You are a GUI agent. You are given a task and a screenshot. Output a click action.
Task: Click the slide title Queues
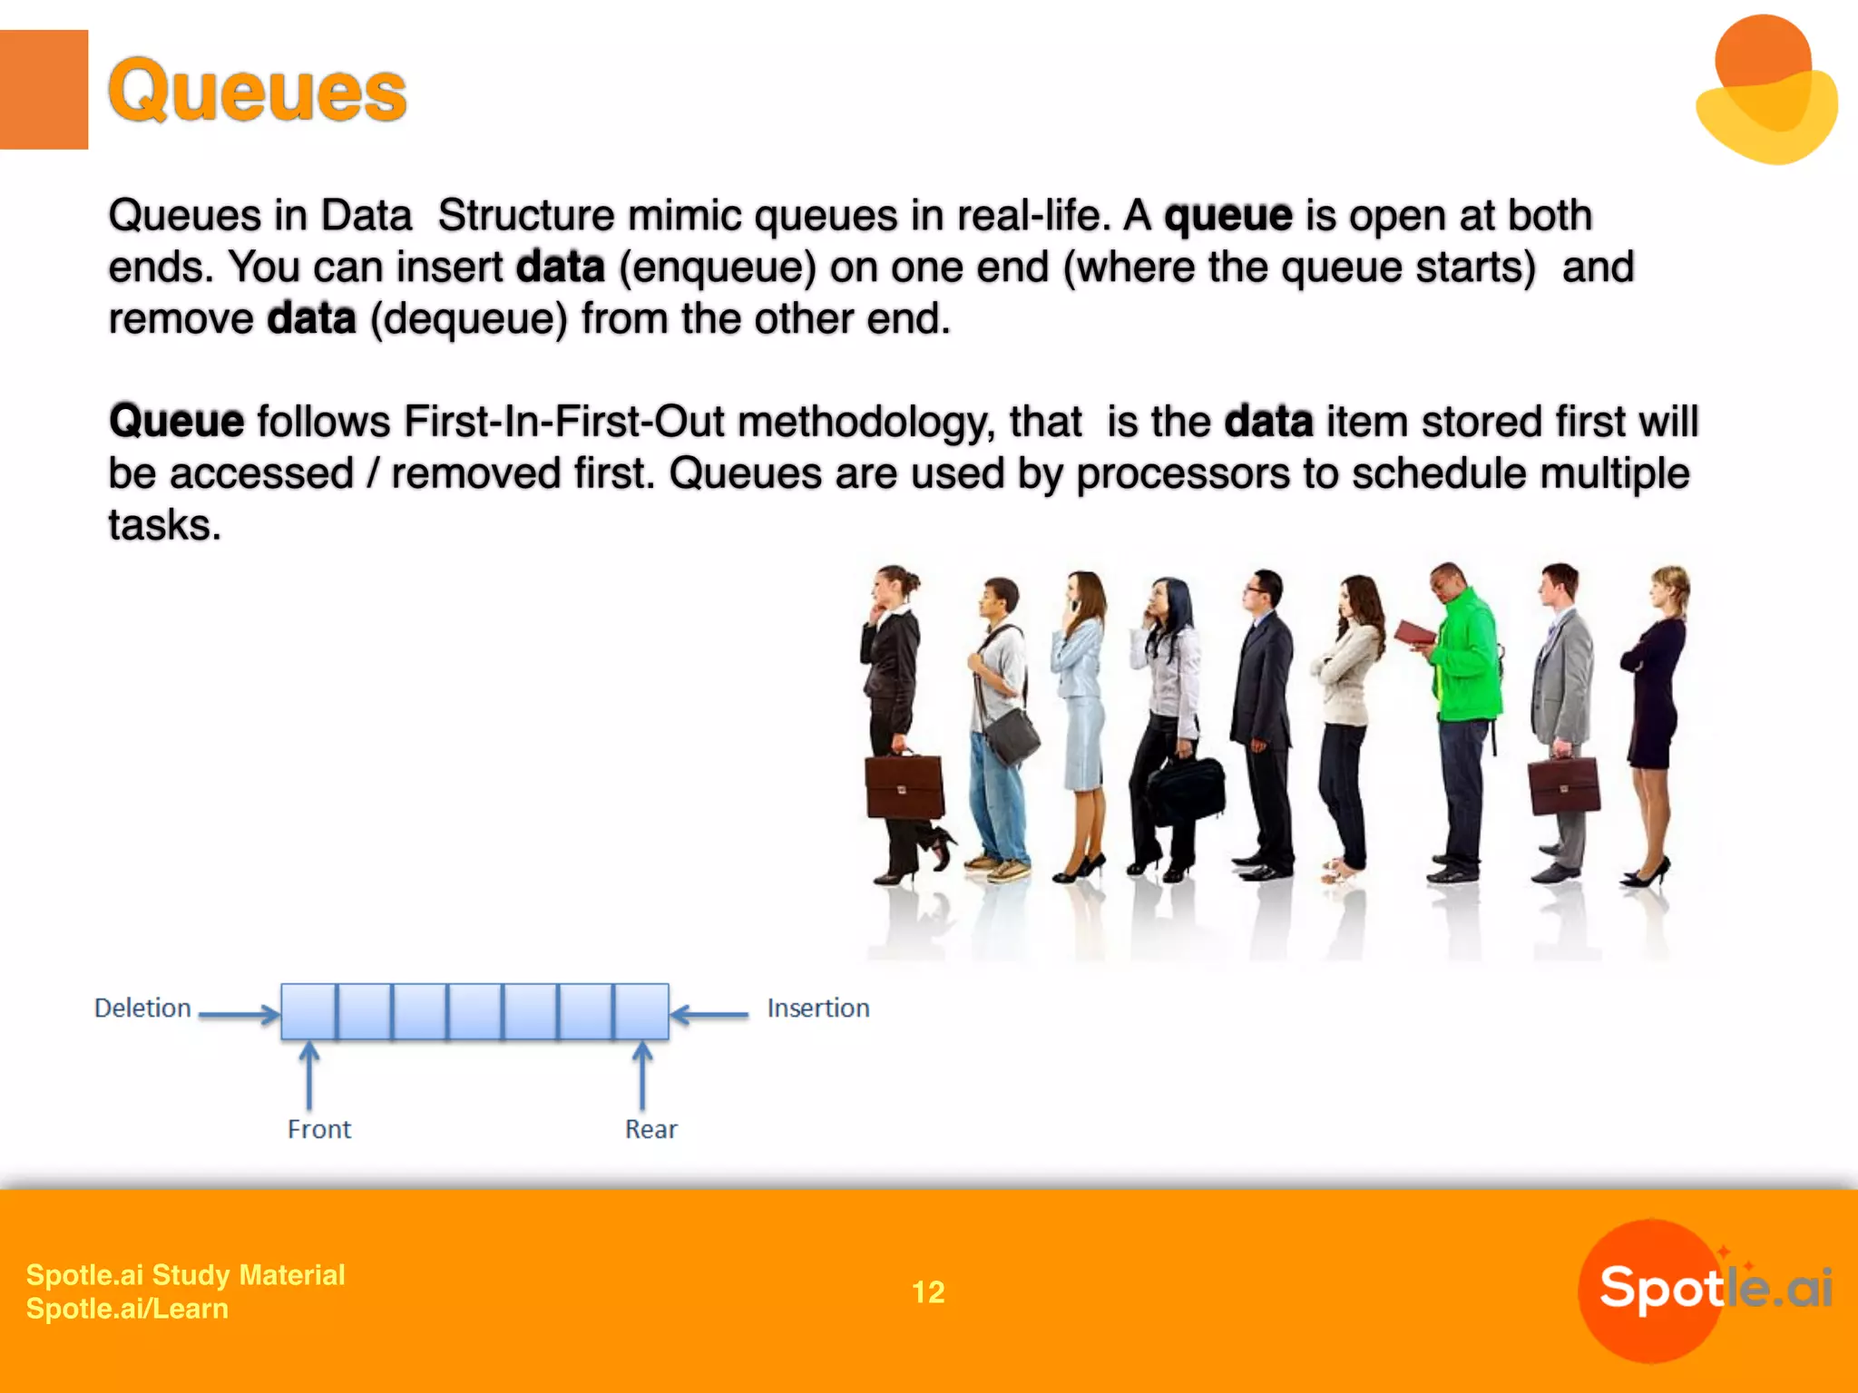point(258,91)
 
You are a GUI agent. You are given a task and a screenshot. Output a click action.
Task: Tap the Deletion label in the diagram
point(142,1008)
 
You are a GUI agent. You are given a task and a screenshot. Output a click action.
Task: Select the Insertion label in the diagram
point(817,1008)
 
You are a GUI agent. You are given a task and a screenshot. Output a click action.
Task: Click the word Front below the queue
point(318,1129)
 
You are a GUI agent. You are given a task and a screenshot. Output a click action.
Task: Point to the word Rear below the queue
point(650,1129)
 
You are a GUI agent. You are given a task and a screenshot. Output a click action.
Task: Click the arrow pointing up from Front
point(309,1076)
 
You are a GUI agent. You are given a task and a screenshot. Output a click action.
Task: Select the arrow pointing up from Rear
point(642,1076)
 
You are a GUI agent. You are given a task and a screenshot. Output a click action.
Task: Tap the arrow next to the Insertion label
point(710,1014)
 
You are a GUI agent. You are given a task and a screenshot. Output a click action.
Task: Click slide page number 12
point(928,1291)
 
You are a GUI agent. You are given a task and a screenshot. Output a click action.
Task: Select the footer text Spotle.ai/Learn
point(127,1309)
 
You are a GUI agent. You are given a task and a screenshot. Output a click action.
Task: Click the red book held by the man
point(1413,633)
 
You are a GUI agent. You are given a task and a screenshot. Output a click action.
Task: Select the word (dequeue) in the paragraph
point(468,319)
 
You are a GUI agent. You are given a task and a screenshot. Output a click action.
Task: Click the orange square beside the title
point(44,89)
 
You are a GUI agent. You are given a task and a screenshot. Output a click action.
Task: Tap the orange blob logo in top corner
point(1765,91)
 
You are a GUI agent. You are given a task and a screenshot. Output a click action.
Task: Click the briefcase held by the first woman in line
point(904,786)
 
